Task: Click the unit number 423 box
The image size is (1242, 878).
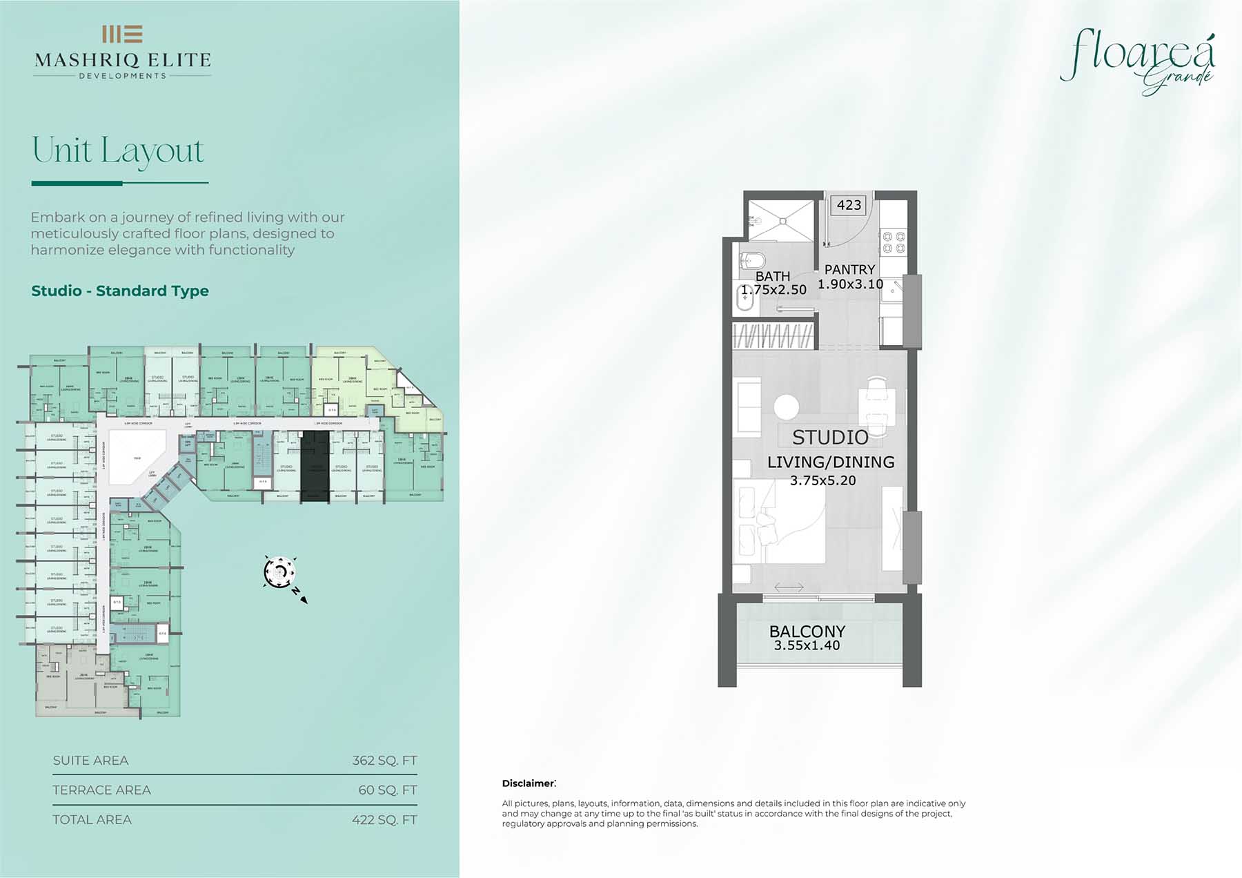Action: coord(849,205)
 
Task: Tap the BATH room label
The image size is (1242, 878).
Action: coord(772,276)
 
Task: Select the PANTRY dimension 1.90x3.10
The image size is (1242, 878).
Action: coord(850,284)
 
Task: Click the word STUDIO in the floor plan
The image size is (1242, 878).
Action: coord(830,437)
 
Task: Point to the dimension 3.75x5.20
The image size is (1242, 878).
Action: coord(822,480)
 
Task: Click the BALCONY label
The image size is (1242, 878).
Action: coord(807,631)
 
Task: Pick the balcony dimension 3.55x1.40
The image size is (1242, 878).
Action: coord(807,645)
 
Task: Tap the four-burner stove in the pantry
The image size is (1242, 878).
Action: coord(894,242)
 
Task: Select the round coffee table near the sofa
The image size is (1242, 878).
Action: coord(786,407)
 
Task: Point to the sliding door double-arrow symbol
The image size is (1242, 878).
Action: coord(789,587)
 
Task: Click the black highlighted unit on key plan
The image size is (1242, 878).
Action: coord(315,466)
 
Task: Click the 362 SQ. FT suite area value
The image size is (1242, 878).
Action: coord(384,761)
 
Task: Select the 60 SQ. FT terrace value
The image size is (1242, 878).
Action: coord(387,790)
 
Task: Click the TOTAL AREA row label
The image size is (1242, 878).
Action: coord(92,820)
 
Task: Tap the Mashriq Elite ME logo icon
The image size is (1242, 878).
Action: coord(122,34)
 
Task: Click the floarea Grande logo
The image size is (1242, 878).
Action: coord(1138,61)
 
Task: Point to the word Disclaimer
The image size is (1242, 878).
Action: coord(528,783)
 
